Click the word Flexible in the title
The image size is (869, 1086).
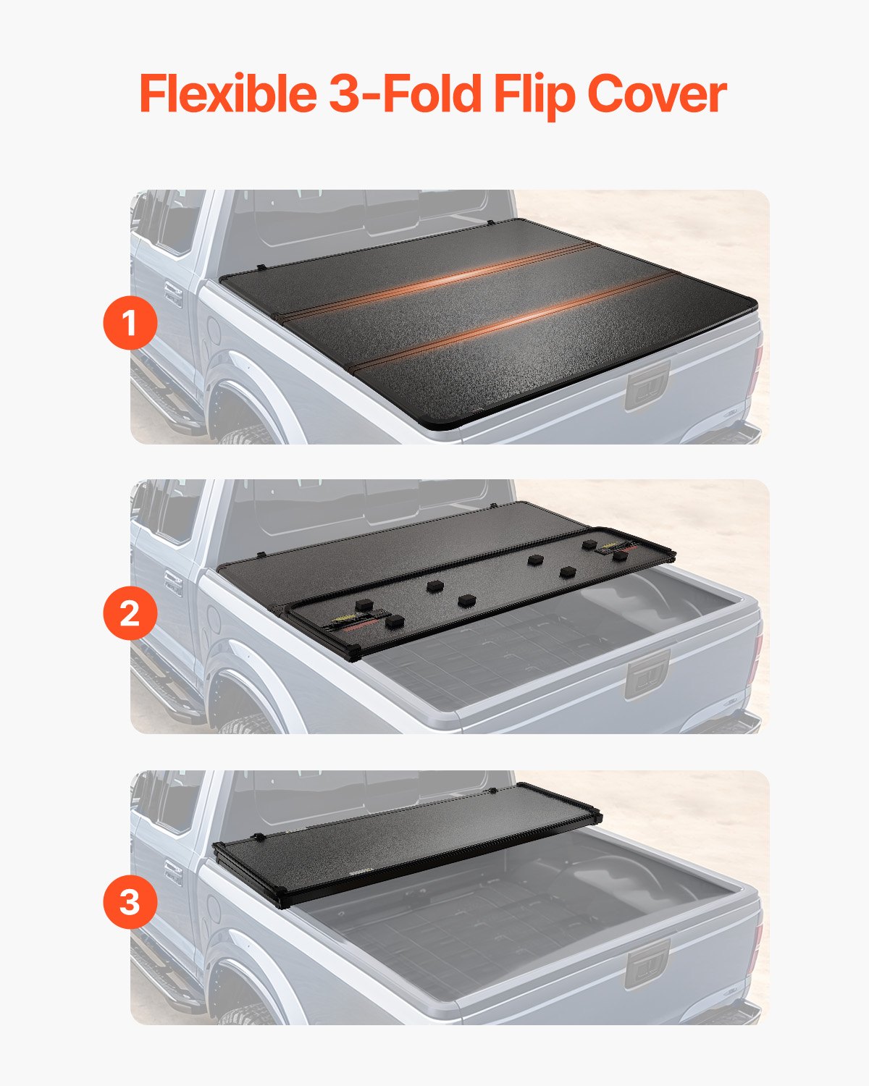point(227,94)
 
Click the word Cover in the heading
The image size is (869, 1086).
point(656,94)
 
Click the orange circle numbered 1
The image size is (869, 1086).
point(130,324)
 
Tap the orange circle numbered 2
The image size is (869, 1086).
point(130,613)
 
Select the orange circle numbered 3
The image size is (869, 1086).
point(130,903)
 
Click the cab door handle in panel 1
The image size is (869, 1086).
point(172,293)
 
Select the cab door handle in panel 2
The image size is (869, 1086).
point(172,583)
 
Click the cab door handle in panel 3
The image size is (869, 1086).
point(172,872)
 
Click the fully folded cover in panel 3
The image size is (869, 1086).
point(406,843)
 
